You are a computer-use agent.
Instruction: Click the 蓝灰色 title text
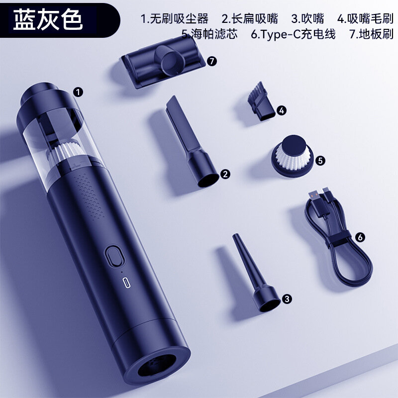48,19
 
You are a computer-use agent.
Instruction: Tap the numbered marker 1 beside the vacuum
78,92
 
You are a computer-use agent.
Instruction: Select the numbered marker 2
225,174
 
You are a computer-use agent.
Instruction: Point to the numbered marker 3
287,299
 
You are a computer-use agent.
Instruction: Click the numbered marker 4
282,110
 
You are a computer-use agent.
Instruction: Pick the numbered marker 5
320,161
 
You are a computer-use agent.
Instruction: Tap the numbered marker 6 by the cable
360,237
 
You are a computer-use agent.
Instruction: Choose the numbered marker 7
212,61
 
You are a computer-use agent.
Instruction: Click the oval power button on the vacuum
115,256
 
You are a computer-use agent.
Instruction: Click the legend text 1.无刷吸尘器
175,19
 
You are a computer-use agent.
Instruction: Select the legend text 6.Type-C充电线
293,34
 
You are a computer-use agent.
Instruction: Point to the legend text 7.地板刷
371,34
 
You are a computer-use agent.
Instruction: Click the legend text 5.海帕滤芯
209,34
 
